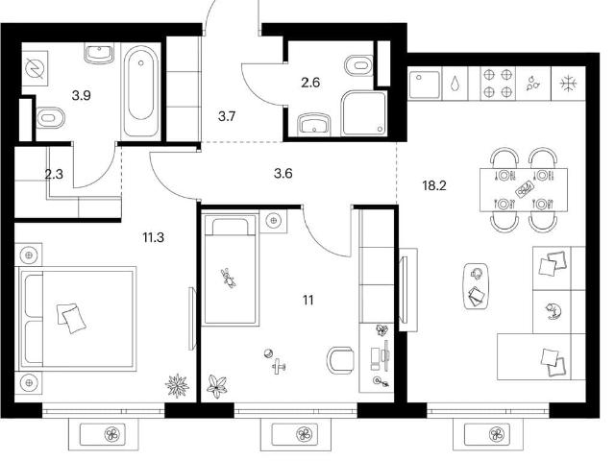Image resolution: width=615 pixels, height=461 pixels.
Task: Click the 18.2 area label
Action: click(x=434, y=185)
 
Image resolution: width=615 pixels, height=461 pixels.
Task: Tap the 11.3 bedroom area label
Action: click(x=154, y=237)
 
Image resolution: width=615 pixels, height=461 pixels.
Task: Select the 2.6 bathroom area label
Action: click(x=310, y=83)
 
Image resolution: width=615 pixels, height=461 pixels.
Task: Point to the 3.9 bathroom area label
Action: click(x=82, y=95)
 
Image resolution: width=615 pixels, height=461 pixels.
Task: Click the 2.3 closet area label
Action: click(x=54, y=174)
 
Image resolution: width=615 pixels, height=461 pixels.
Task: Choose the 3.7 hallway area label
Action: click(x=227, y=116)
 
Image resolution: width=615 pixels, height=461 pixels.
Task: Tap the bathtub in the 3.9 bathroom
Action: click(x=141, y=91)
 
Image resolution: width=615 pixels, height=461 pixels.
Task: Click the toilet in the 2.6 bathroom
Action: click(x=358, y=66)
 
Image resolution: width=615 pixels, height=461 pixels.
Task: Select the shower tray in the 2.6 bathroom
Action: click(x=364, y=113)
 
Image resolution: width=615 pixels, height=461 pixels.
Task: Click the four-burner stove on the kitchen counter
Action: click(x=498, y=84)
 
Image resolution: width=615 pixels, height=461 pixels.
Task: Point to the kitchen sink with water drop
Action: click(x=455, y=84)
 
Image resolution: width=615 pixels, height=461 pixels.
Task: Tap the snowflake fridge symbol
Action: click(x=568, y=84)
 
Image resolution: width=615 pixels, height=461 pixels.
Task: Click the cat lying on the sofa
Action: click(x=553, y=311)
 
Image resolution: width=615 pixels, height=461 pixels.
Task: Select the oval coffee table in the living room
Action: click(x=477, y=286)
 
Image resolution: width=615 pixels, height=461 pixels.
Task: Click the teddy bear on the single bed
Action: click(x=228, y=278)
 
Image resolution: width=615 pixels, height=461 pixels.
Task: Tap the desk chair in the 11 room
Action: click(x=339, y=360)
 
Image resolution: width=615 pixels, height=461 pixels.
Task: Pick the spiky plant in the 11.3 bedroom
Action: click(x=177, y=385)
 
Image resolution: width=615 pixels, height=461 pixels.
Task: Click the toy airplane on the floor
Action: click(x=279, y=367)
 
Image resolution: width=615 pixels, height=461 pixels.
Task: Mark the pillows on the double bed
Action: click(x=72, y=318)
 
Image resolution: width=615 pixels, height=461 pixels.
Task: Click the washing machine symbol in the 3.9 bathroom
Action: click(x=35, y=68)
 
